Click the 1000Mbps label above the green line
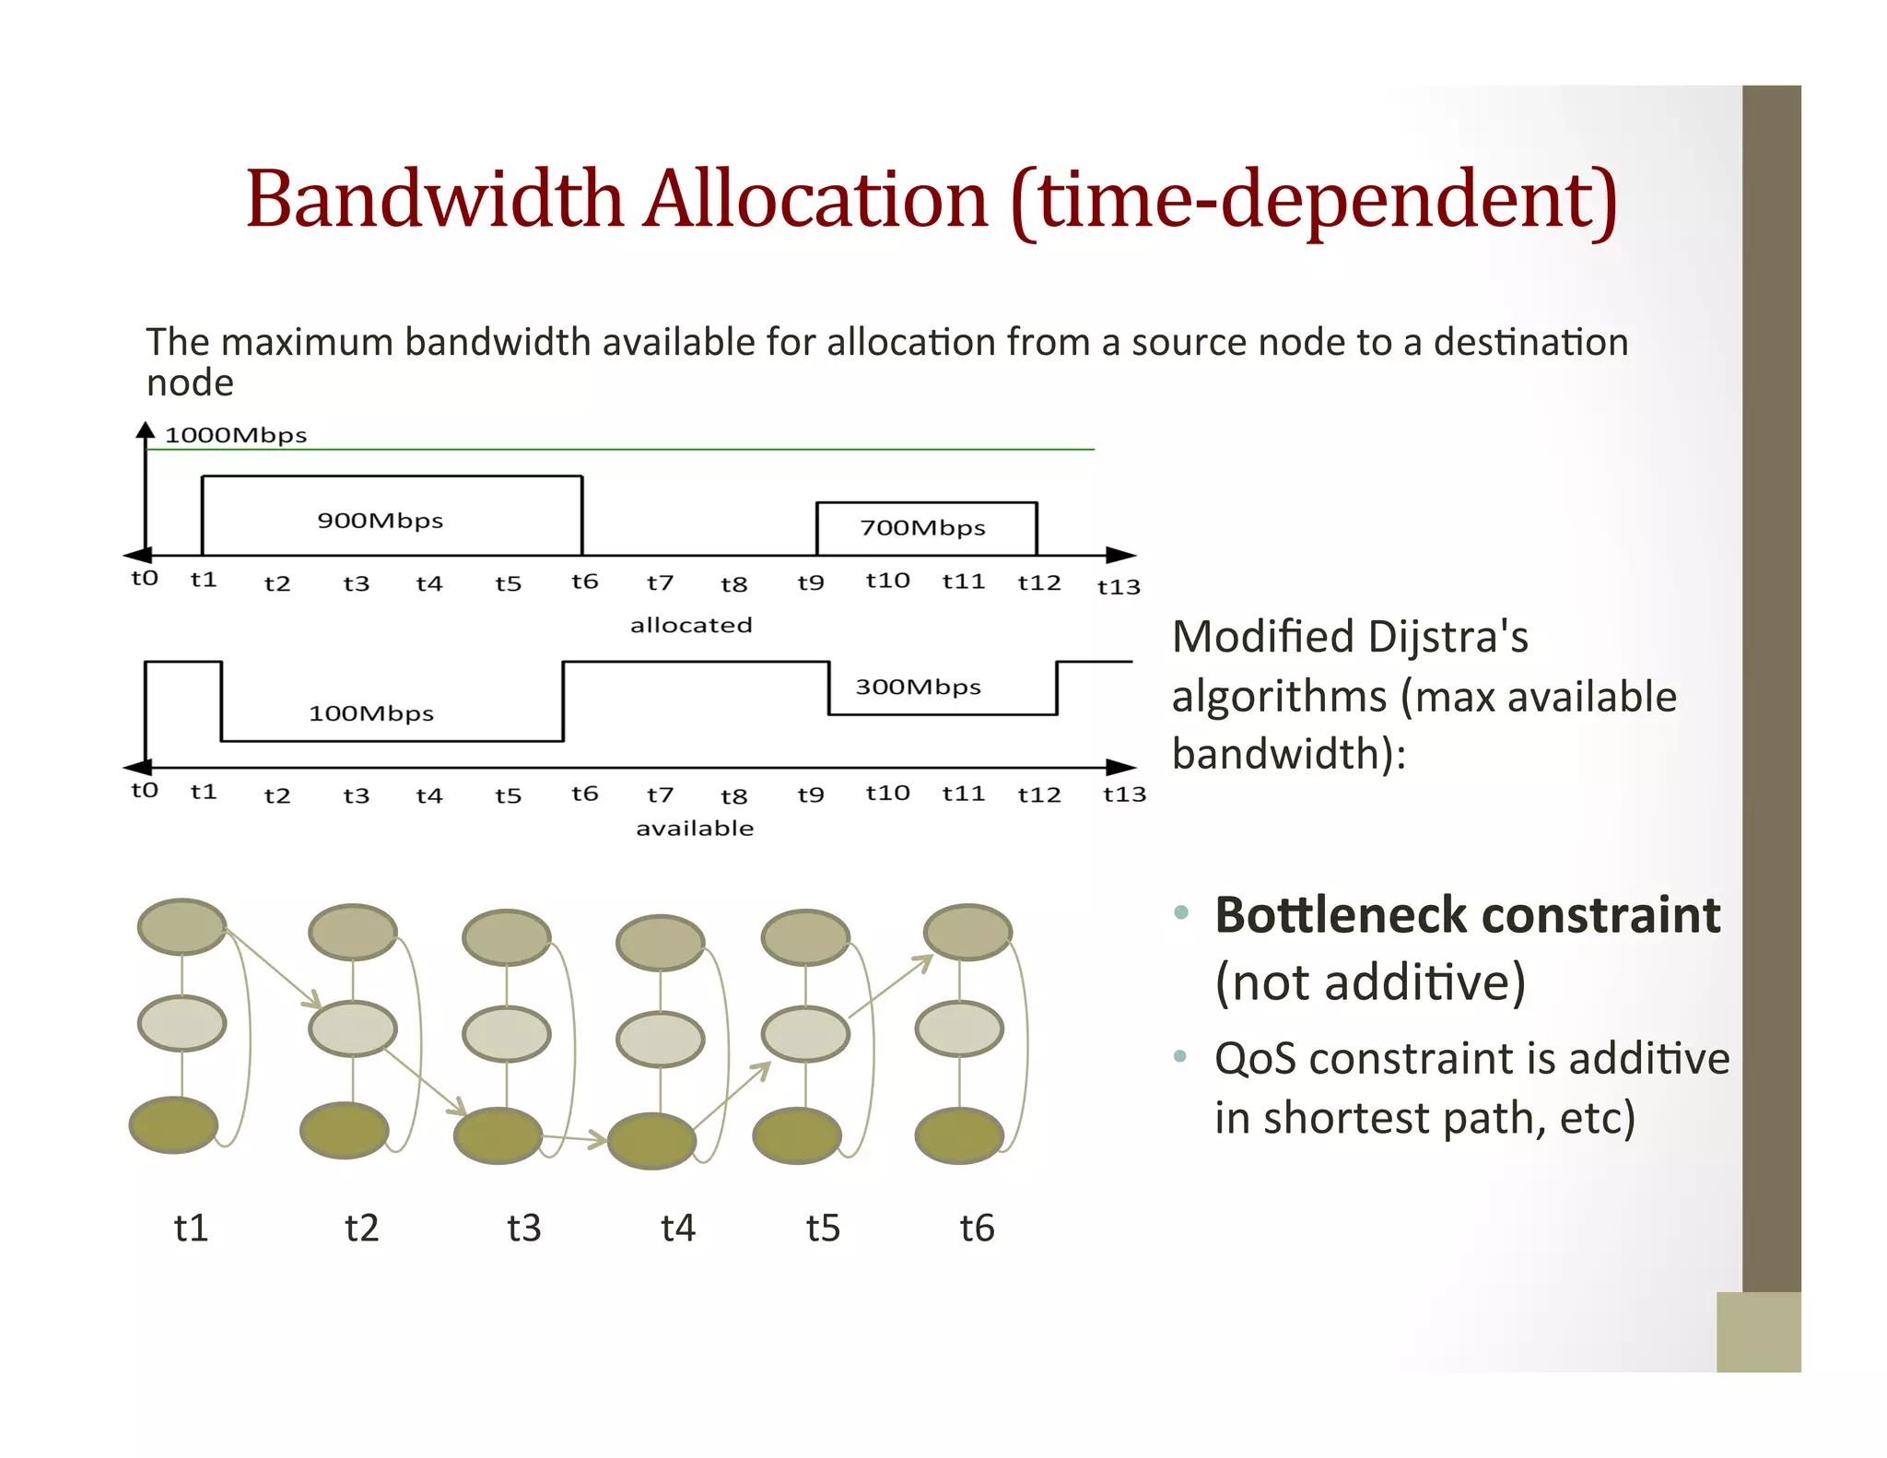coord(235,435)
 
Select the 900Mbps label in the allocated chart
coord(380,521)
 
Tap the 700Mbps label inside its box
coord(922,528)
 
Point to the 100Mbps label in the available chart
coord(370,713)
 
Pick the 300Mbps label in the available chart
coord(918,687)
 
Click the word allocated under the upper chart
coord(691,625)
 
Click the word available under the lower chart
coord(695,828)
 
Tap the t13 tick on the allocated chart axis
coord(1119,587)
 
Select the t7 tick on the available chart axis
coord(660,794)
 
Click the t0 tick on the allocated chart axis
coord(145,578)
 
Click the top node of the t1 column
coord(182,926)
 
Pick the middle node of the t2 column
coord(353,1029)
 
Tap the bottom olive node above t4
coord(651,1141)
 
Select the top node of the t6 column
coord(967,932)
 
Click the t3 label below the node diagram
coord(523,1228)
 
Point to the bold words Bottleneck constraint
coord(1467,915)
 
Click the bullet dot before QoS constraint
coord(1180,1056)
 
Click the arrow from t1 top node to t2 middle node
coord(273,969)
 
